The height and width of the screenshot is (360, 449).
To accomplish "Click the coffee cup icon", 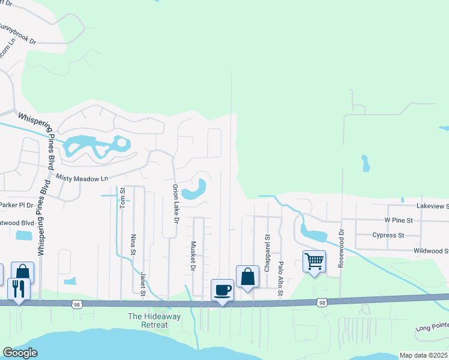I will click(x=222, y=290).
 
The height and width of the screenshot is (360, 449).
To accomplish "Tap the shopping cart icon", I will click(x=314, y=262).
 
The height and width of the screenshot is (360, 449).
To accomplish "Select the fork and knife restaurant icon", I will click(x=19, y=289).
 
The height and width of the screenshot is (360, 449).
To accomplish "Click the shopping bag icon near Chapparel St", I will click(x=247, y=277).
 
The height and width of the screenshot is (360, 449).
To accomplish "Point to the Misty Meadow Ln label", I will click(x=82, y=178).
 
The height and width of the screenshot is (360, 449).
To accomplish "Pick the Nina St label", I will click(x=133, y=244).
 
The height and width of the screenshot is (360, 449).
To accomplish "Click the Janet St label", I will click(x=143, y=284).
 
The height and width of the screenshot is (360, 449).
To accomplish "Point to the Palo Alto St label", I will click(x=280, y=273).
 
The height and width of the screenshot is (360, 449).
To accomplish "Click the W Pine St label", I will click(x=396, y=220).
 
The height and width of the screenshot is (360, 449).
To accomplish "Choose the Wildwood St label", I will click(x=431, y=251).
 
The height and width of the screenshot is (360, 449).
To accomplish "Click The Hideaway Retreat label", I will click(x=148, y=320).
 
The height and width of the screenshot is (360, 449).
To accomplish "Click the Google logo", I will click(x=20, y=353).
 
